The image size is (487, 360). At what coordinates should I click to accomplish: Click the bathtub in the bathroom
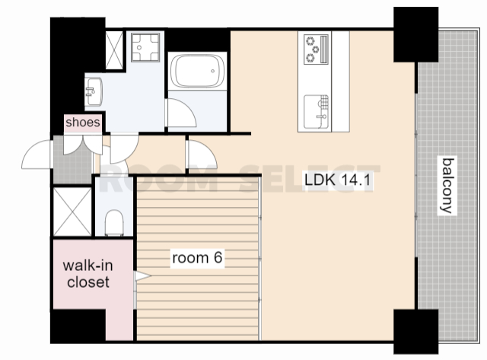click(197, 71)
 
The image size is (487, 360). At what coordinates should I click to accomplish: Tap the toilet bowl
click(114, 223)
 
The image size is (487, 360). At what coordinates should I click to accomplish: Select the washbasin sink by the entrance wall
click(94, 91)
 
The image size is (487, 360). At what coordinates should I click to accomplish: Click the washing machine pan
click(145, 47)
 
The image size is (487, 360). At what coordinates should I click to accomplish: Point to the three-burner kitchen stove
click(316, 49)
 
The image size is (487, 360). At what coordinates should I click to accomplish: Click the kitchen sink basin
click(317, 112)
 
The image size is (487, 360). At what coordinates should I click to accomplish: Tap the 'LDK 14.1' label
click(338, 180)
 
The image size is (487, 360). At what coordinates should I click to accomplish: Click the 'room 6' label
click(198, 257)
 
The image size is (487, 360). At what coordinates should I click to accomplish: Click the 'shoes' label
click(83, 123)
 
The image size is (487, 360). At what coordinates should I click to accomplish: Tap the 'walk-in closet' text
click(88, 274)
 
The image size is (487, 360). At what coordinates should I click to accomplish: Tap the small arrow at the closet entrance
click(143, 276)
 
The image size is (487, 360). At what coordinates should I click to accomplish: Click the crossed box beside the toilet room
click(73, 212)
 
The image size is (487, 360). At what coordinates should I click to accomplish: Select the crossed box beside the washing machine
click(114, 50)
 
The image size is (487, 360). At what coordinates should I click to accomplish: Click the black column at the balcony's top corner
click(416, 34)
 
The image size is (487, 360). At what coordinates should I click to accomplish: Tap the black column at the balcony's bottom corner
click(416, 331)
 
